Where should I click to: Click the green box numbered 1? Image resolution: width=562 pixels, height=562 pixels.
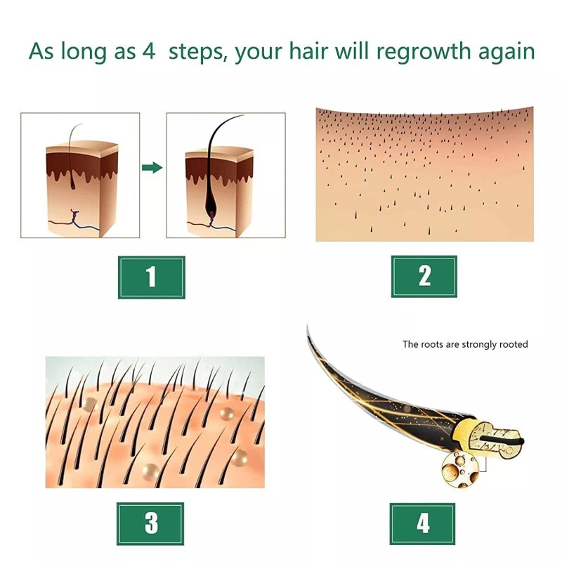[x=152, y=277]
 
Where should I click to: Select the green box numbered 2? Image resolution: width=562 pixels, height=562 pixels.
[x=424, y=276]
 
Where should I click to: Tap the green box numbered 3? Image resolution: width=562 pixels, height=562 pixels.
[x=150, y=523]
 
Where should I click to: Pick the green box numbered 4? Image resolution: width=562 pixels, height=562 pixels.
[x=423, y=524]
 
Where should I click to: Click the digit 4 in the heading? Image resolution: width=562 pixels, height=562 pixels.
[x=149, y=51]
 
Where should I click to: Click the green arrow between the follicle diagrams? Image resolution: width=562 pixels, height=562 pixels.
[x=152, y=167]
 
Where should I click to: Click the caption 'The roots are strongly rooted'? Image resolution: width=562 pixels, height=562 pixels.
[x=465, y=344]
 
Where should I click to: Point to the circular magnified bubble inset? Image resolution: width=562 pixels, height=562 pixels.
[x=460, y=469]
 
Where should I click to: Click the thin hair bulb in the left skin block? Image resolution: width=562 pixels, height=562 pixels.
[x=73, y=185]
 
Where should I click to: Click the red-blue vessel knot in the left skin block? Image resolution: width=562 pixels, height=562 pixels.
[x=75, y=215]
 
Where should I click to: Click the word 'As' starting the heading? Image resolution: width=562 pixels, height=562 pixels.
[x=41, y=51]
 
